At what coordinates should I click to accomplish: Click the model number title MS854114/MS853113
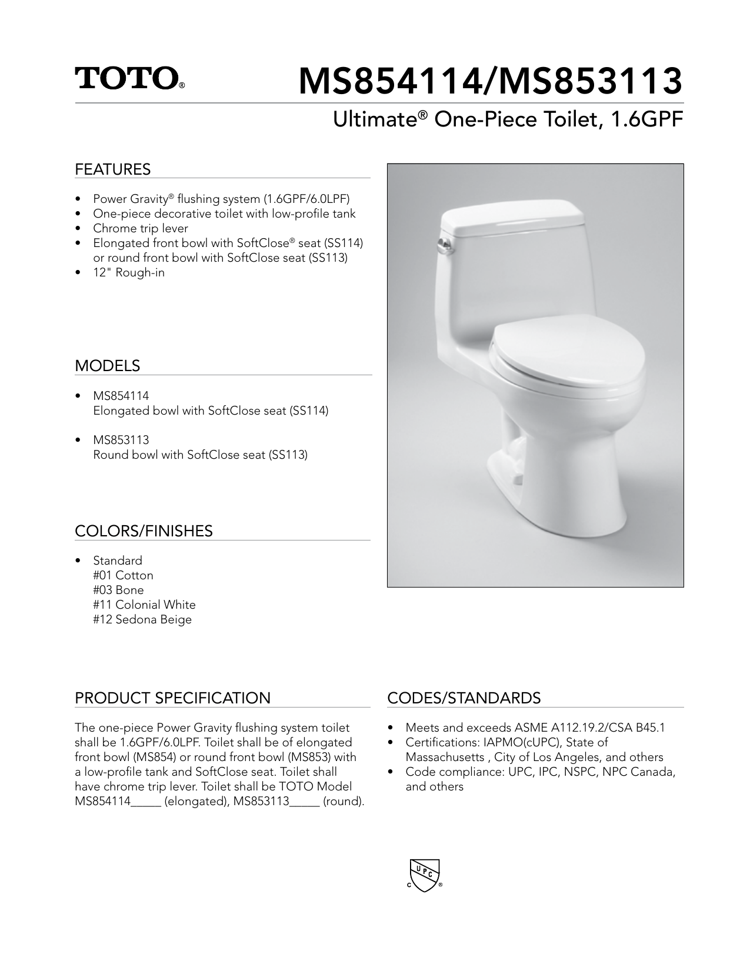(491, 81)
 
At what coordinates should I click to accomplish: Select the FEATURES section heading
(112, 169)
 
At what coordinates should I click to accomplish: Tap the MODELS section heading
(107, 366)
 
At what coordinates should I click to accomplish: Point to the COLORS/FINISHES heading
(144, 531)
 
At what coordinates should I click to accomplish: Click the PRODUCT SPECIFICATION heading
(172, 698)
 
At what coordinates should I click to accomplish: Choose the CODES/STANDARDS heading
(464, 698)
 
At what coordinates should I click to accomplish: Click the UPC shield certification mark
(424, 876)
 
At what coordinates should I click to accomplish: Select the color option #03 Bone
(118, 590)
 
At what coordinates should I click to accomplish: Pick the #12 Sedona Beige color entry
(142, 619)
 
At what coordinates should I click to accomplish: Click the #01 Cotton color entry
(123, 575)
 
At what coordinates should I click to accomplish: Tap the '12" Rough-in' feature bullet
(128, 272)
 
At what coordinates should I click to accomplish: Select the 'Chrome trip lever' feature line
(140, 228)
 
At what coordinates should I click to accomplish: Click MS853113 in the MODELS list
(121, 440)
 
